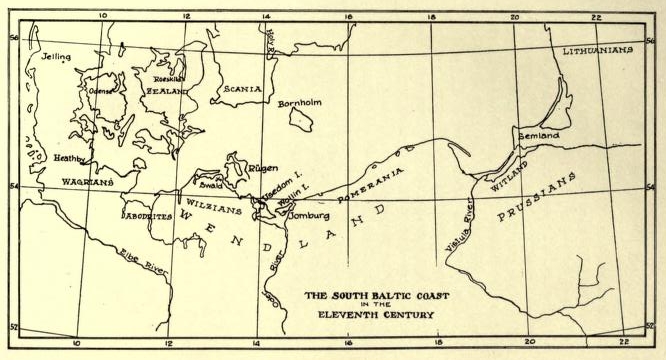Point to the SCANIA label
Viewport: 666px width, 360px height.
[242, 89]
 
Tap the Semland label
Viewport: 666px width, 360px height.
[540, 134]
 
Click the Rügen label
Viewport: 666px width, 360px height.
[263, 169]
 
